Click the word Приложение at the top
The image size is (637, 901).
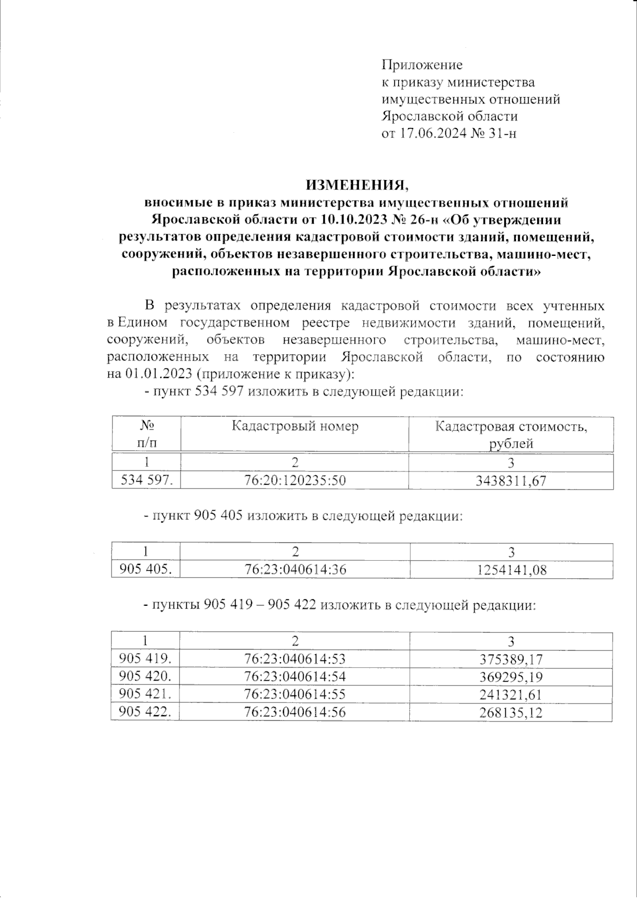coord(422,65)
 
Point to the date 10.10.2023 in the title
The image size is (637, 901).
coord(353,219)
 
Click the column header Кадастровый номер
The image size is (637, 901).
coord(295,426)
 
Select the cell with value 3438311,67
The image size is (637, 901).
coord(511,481)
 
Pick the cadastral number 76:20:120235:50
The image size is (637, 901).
coord(295,481)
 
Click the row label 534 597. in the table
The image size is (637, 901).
coord(146,481)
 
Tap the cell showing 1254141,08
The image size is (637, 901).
coord(511,570)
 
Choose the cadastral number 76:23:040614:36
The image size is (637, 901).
coord(295,570)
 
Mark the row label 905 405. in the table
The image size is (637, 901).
coord(146,570)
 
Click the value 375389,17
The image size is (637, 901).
coord(511,659)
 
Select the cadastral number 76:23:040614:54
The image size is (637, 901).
coord(295,677)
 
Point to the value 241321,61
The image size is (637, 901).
coord(511,695)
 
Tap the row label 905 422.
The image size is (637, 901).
coord(145,712)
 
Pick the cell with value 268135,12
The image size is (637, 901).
coord(511,713)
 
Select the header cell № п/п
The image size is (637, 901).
coord(147,434)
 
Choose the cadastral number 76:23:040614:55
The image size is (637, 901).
coord(295,694)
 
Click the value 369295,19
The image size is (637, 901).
coord(511,677)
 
